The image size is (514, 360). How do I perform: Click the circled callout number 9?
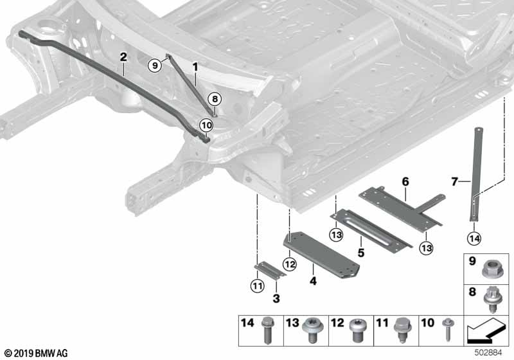pyautogui.click(x=155, y=66)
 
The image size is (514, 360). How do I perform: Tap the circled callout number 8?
pyautogui.click(x=215, y=99)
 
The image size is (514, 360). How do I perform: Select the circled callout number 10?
pyautogui.click(x=206, y=125)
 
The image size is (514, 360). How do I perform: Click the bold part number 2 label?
pyautogui.click(x=123, y=57)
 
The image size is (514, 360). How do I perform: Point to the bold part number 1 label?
pyautogui.click(x=195, y=67)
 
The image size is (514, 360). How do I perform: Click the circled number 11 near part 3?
pyautogui.click(x=258, y=286)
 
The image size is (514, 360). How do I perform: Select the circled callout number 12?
pyautogui.click(x=290, y=264)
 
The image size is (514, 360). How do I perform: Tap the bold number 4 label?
pyautogui.click(x=314, y=281)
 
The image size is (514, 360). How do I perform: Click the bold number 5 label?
pyautogui.click(x=361, y=253)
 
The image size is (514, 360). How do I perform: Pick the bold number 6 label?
pyautogui.click(x=405, y=181)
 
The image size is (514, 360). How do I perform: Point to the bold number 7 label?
pyautogui.click(x=454, y=181)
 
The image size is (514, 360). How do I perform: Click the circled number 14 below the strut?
pyautogui.click(x=475, y=239)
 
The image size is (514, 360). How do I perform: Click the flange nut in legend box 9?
pyautogui.click(x=493, y=268)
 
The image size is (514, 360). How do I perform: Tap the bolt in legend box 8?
pyautogui.click(x=492, y=300)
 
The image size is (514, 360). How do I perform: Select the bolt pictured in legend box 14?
pyautogui.click(x=267, y=330)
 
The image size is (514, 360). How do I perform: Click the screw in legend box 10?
pyautogui.click(x=447, y=329)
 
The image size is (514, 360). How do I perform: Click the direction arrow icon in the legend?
pyautogui.click(x=486, y=330)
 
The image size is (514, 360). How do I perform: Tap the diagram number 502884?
pyautogui.click(x=488, y=353)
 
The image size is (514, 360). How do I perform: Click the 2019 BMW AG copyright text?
pyautogui.click(x=37, y=354)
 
